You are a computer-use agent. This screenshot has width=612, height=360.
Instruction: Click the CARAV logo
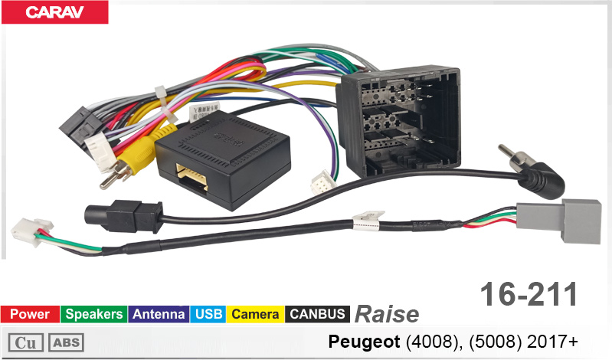(54, 12)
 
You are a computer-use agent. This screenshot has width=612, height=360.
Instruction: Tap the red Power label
(30, 314)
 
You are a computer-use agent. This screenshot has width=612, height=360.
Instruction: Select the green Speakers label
(94, 314)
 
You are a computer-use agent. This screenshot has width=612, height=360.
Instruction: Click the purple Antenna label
(159, 314)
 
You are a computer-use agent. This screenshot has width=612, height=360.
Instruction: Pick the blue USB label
(208, 314)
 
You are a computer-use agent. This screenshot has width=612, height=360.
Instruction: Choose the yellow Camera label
(255, 314)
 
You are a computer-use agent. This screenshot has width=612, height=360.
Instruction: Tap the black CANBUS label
(317, 314)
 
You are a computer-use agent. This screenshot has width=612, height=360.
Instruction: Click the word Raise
(386, 314)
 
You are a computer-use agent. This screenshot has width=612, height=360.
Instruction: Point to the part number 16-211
(529, 294)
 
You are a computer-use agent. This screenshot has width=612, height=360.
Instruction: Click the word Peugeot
(364, 342)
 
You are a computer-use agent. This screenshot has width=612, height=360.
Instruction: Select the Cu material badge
(25, 343)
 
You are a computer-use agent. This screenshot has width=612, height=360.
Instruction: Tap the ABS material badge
(66, 343)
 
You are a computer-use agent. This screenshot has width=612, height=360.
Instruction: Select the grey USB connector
(559, 221)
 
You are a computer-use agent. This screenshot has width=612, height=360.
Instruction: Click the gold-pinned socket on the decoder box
(192, 178)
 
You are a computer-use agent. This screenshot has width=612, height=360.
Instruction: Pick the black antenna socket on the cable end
(123, 216)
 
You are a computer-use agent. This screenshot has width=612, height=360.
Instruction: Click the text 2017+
(552, 342)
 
